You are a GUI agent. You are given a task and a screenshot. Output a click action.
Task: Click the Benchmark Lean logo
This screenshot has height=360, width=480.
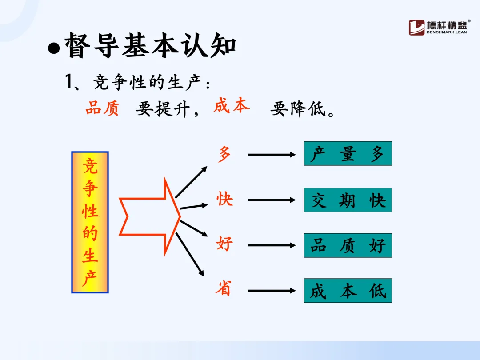(438, 27)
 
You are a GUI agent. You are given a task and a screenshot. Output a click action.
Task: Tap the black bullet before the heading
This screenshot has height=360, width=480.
(54, 48)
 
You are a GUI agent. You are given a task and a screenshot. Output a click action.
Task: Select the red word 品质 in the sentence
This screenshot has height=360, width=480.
(102, 108)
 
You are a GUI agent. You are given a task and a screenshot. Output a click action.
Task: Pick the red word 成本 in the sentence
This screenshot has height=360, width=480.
(231, 106)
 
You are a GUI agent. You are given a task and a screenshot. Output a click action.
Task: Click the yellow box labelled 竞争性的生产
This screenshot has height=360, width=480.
(90, 222)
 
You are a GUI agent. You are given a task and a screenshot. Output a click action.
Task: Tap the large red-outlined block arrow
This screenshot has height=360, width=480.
(150, 216)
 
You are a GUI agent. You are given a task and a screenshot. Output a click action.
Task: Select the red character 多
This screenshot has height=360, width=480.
(224, 155)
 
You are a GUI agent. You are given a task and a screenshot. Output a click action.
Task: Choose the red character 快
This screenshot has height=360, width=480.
(224, 199)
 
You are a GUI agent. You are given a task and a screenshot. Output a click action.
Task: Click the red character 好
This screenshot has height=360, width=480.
(224, 244)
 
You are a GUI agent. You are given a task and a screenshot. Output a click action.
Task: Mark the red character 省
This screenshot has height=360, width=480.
(224, 289)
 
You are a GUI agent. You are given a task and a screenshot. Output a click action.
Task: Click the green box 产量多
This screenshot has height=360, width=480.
(348, 154)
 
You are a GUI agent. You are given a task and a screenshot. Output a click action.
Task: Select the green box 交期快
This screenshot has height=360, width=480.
(348, 200)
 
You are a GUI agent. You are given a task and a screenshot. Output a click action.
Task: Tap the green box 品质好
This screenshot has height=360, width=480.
(348, 245)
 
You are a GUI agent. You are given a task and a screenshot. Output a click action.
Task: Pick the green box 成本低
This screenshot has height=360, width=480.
(348, 291)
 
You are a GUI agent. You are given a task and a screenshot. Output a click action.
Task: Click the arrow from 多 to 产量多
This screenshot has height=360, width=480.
(271, 155)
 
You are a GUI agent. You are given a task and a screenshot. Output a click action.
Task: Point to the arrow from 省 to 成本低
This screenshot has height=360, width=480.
(271, 291)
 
